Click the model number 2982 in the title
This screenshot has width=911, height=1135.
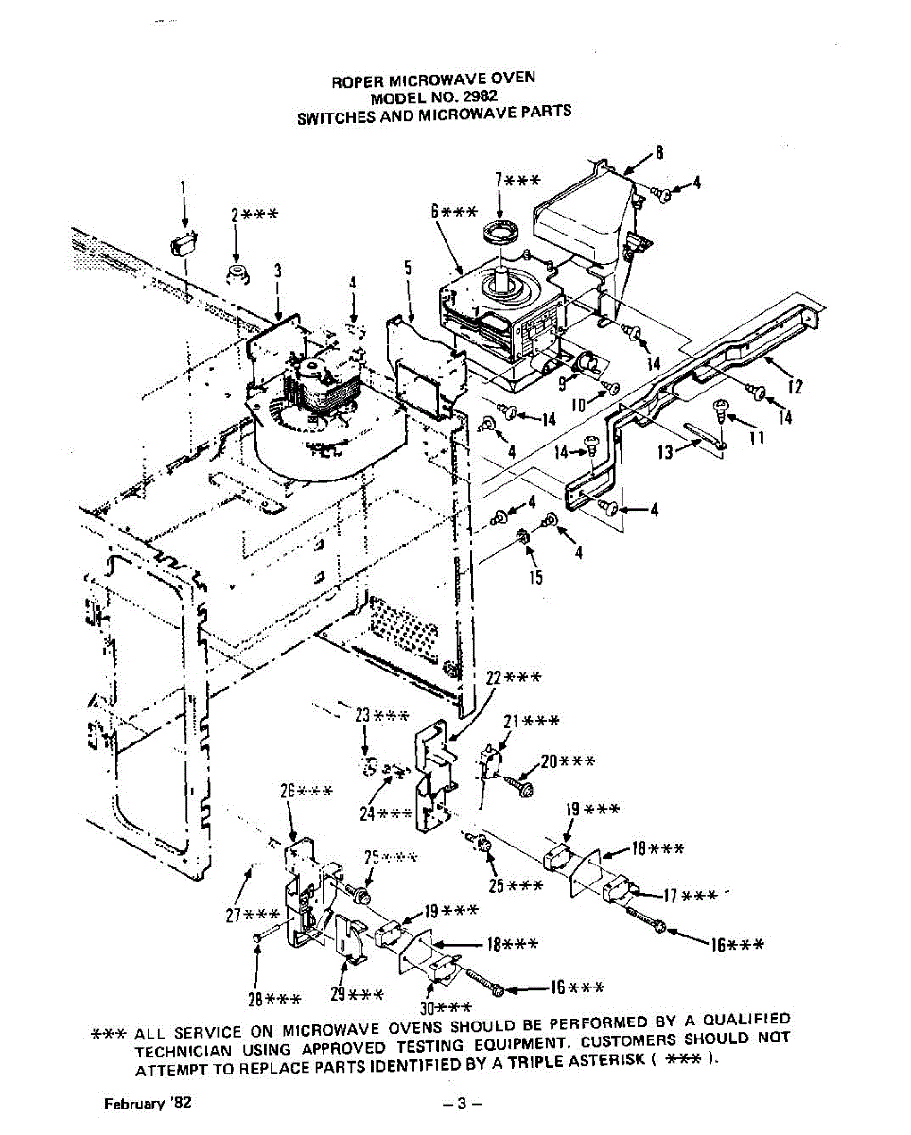click(x=480, y=96)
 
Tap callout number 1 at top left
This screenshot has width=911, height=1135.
click(x=183, y=187)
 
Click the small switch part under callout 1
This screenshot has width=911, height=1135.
click(x=183, y=244)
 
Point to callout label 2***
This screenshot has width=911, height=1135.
click(x=253, y=215)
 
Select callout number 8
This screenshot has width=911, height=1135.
click(x=659, y=151)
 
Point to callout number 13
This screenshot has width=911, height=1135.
click(x=666, y=453)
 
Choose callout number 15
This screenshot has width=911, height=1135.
click(x=535, y=578)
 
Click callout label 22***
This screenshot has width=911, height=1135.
click(x=514, y=677)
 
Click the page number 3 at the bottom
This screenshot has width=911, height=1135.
click(x=463, y=1104)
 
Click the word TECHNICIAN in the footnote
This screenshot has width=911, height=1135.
click(x=187, y=1051)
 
